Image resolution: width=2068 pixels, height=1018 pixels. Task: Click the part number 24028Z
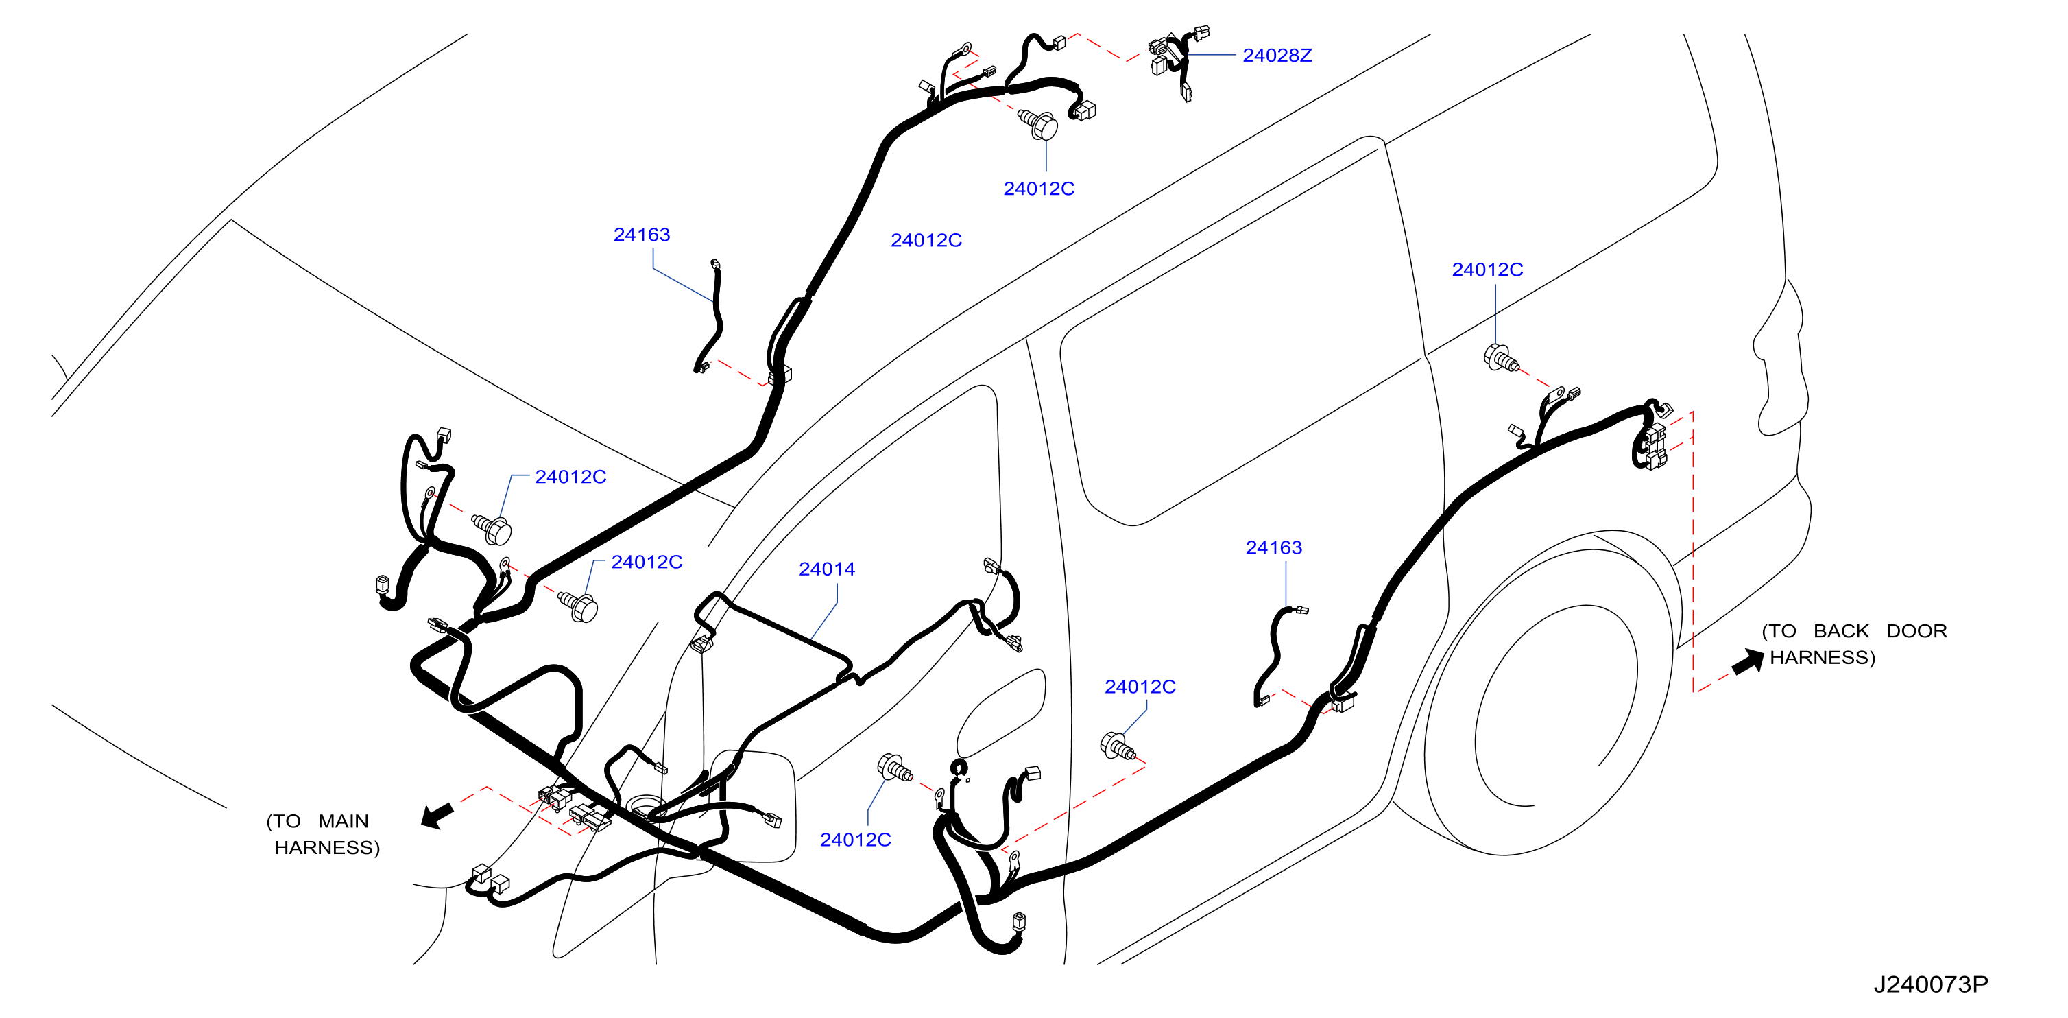pos(1277,56)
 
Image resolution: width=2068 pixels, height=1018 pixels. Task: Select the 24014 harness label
pos(826,569)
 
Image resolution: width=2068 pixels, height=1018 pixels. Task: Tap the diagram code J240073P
pos(1931,984)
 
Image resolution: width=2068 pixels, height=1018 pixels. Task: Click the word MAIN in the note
pos(343,821)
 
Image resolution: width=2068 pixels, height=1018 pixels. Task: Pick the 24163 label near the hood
pos(641,235)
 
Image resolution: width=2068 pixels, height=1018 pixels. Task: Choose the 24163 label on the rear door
pos(1273,547)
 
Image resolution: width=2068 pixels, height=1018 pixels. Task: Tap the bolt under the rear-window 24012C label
pos(1500,358)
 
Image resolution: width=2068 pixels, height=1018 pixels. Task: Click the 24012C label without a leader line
pos(926,240)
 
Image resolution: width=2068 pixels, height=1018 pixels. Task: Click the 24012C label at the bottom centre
pos(855,840)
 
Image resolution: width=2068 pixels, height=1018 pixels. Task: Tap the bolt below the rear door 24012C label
pos(1118,746)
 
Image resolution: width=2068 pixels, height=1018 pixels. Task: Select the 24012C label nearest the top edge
pos(1039,189)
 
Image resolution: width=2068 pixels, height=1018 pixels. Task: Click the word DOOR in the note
pos(1916,631)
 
